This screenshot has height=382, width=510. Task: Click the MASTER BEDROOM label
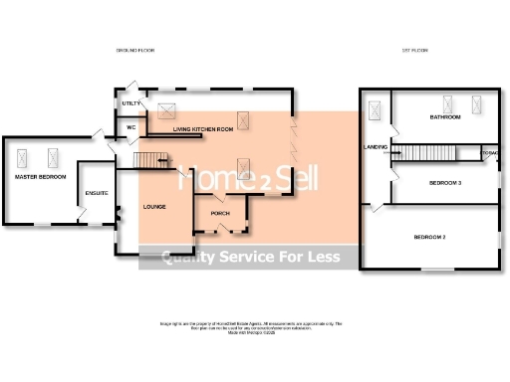(x=40, y=176)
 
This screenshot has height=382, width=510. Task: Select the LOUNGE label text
(x=154, y=207)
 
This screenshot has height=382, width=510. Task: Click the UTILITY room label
(x=129, y=103)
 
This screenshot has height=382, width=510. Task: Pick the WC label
(x=130, y=126)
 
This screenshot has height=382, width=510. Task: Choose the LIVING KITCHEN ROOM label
(x=202, y=129)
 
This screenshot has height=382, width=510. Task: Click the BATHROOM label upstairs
(x=445, y=117)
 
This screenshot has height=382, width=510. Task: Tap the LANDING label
(x=376, y=147)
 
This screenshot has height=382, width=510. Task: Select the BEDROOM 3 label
(x=445, y=183)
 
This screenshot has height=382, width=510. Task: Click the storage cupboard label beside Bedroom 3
(x=489, y=153)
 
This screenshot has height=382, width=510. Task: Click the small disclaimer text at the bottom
(x=250, y=326)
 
